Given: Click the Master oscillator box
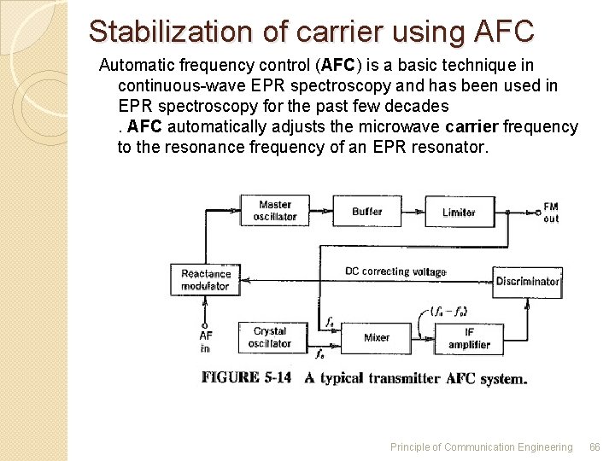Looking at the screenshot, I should pyautogui.click(x=275, y=211).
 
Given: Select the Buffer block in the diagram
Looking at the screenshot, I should pyautogui.click(x=366, y=211).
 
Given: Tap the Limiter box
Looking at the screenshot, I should pyautogui.click(x=459, y=212).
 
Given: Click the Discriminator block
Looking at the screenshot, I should pyautogui.click(x=527, y=281).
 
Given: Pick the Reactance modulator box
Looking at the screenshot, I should pyautogui.click(x=206, y=280).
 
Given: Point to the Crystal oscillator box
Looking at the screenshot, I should pyautogui.click(x=270, y=337).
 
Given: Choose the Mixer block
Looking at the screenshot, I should pyautogui.click(x=377, y=337).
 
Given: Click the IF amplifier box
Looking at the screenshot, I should pyautogui.click(x=469, y=338).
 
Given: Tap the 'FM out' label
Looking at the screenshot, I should pyautogui.click(x=551, y=213).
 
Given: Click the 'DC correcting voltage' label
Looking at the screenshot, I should pyautogui.click(x=395, y=271).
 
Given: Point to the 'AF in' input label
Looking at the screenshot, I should pyautogui.click(x=205, y=341).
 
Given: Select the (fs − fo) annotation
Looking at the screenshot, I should pyautogui.click(x=449, y=311).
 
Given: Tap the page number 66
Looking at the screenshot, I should pyautogui.click(x=594, y=446).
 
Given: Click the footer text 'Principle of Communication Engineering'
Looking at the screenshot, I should pyautogui.click(x=481, y=446).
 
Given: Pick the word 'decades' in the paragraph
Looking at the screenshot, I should pyautogui.click(x=417, y=106).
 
